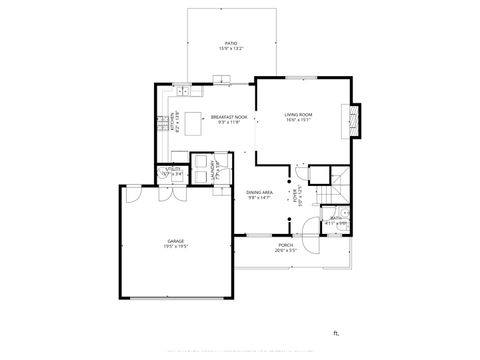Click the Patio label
point(231,43)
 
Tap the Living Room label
point(299,115)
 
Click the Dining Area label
point(259,192)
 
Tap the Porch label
point(286,245)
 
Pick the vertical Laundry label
point(217,170)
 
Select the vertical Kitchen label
point(171,121)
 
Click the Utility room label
point(173,171)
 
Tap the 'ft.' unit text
point(337,333)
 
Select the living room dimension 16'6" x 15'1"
point(299,120)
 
